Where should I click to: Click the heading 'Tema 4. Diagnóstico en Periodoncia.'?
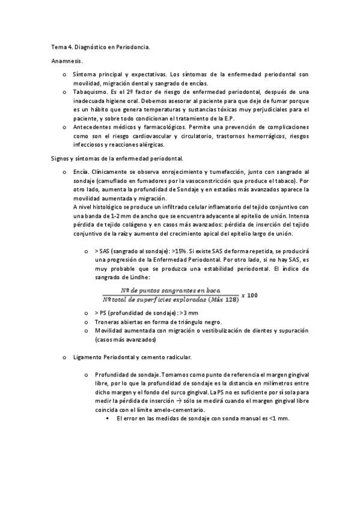100,47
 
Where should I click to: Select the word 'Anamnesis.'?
67,61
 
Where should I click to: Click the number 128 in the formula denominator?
228,299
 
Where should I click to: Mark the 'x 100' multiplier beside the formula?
249,295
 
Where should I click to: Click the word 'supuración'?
291,331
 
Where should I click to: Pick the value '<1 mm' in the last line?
279,419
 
